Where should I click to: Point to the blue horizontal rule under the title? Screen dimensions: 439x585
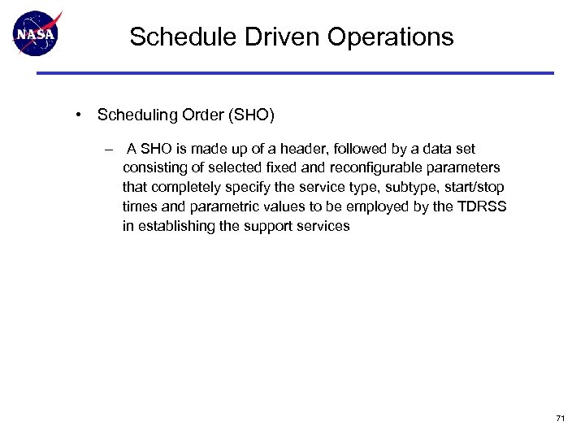coord(294,73)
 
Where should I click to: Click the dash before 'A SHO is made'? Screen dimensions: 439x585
coord(109,149)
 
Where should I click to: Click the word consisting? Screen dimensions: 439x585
coord(155,167)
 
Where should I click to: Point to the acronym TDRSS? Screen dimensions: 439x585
coord(482,206)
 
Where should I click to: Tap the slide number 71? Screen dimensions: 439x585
coord(560,418)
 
